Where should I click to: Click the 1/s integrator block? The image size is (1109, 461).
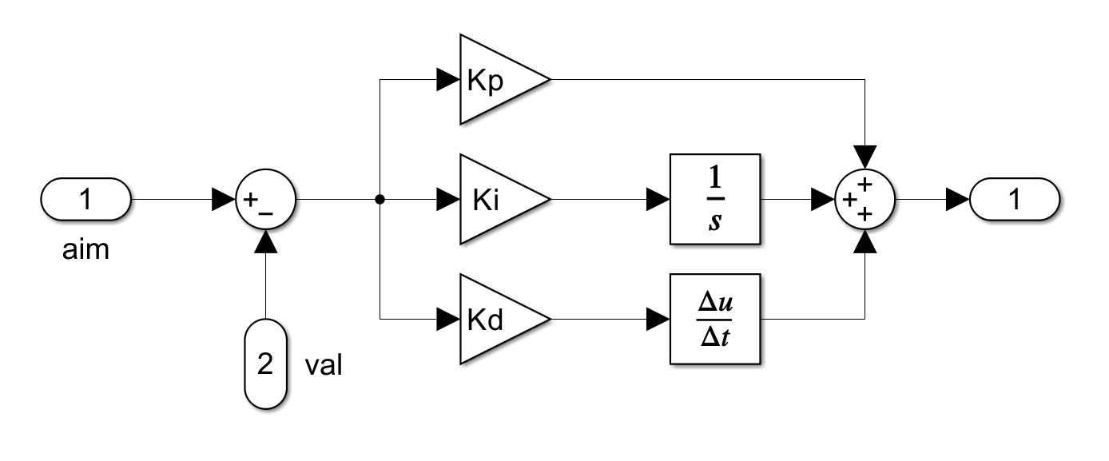[715, 199]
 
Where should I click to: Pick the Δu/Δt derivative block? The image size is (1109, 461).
[715, 320]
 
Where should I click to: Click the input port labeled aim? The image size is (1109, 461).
[85, 199]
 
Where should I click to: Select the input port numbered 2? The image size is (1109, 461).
[265, 364]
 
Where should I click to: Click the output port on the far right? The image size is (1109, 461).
[1015, 199]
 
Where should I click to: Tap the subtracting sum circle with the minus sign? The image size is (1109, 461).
[265, 199]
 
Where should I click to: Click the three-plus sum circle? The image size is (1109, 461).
[865, 199]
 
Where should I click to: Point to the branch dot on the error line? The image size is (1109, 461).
[380, 200]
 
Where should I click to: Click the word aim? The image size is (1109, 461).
[85, 249]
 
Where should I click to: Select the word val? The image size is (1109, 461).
[324, 365]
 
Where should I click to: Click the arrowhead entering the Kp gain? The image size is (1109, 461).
[448, 79]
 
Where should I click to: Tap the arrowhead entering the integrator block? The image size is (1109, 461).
[658, 200]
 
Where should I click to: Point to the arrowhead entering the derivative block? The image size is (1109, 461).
[658, 320]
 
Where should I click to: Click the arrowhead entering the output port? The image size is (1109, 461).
[957, 200]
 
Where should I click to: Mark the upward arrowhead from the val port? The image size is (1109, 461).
[266, 241]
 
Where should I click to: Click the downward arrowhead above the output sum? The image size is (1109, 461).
[865, 157]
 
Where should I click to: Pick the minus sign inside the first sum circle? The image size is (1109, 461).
[265, 213]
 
